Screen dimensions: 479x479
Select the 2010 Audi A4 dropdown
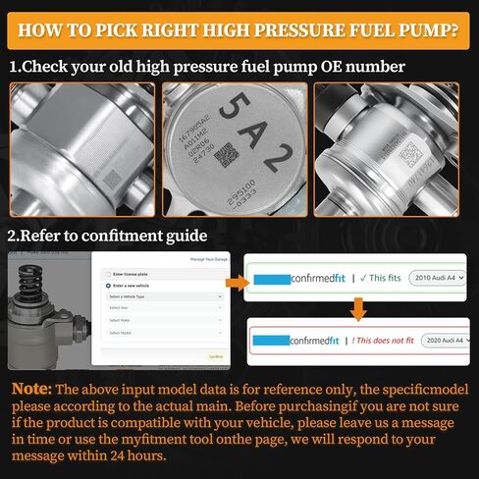pos(439,278)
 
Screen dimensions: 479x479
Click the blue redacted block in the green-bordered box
pos(271,278)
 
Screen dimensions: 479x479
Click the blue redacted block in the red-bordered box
pos(271,341)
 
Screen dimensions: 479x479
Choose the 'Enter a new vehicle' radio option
pos(109,285)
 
